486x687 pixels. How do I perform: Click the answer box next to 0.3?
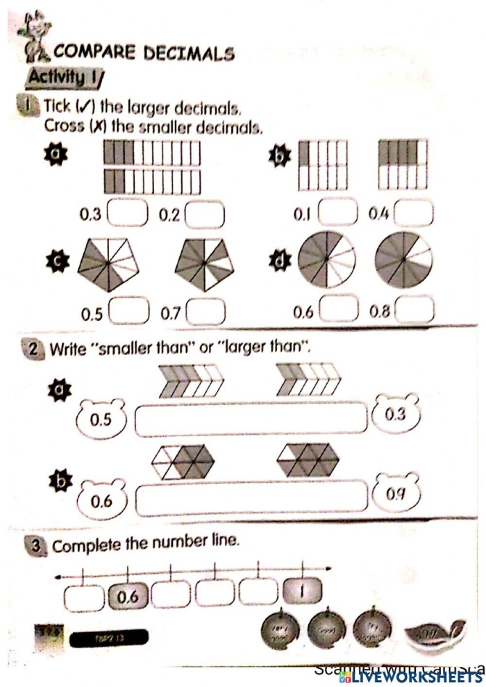coord(128,214)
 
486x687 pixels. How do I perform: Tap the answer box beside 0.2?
coord(205,214)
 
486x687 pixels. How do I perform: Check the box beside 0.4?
coord(414,213)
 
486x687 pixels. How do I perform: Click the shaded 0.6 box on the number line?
coord(128,595)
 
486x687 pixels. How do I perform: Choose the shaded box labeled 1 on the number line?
coord(303,593)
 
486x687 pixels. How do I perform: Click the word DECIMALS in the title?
coord(188,53)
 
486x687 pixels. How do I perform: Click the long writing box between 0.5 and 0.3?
coord(251,419)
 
